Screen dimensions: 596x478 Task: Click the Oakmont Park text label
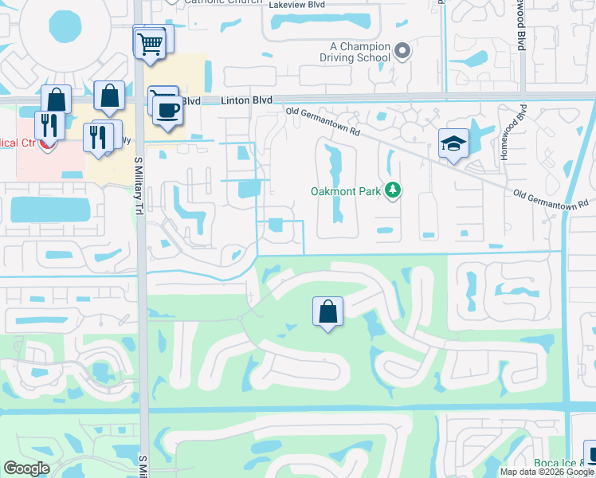pos(345,190)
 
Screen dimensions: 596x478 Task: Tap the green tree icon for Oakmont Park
pos(392,190)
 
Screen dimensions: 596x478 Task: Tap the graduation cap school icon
pos(453,143)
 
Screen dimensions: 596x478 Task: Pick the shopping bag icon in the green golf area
pos(328,311)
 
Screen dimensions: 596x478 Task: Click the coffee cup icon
pos(167,110)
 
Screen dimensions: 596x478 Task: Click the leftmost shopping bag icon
pos(56,100)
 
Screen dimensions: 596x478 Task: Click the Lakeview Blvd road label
pos(300,4)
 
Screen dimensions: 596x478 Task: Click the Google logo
pos(26,468)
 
